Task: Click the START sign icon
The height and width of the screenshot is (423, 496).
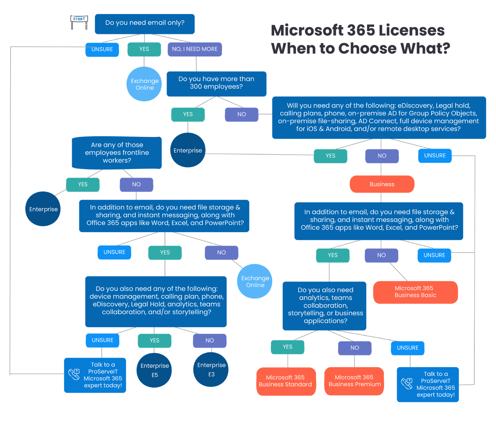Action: click(x=79, y=22)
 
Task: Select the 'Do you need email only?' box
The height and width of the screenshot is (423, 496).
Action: click(x=144, y=24)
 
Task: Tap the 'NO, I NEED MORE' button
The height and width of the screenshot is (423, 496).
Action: click(x=195, y=49)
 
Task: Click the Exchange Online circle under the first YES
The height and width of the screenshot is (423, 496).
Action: click(x=144, y=84)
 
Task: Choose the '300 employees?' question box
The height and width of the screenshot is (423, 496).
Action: click(x=216, y=83)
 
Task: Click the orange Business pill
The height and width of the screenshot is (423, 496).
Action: click(x=382, y=184)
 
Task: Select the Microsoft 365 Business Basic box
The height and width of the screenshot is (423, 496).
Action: click(x=415, y=292)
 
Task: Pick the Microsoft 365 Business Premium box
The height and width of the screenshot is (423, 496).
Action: click(x=354, y=381)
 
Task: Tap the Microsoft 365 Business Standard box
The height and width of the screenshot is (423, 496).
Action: click(x=286, y=381)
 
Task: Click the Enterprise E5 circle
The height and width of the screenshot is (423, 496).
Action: click(x=154, y=370)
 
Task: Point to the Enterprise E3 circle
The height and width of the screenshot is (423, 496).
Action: click(x=211, y=370)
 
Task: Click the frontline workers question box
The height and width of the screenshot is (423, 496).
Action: click(x=117, y=153)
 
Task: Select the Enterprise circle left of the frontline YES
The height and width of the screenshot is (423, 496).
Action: click(x=43, y=209)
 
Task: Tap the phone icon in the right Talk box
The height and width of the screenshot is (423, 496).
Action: click(x=407, y=384)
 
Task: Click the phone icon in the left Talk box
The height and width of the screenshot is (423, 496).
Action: click(x=74, y=374)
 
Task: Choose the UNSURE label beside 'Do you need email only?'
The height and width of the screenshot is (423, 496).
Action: click(x=102, y=49)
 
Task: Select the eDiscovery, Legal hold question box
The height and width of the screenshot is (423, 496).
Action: click(x=379, y=117)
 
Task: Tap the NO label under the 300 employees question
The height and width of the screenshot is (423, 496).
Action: click(x=242, y=114)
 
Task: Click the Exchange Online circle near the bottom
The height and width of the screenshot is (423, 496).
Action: click(x=255, y=281)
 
